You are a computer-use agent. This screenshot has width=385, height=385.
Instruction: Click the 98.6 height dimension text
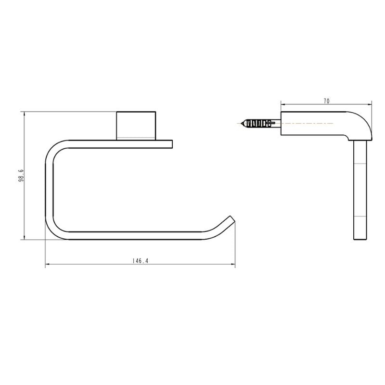point(20,176)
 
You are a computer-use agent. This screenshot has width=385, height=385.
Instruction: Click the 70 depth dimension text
point(326,101)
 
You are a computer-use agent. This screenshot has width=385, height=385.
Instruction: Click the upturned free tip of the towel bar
point(231,220)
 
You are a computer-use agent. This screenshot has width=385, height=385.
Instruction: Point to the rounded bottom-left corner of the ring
point(54,231)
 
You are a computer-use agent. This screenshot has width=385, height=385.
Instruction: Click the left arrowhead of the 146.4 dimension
point(47,265)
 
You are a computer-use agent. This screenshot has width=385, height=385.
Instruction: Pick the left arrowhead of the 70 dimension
point(282,104)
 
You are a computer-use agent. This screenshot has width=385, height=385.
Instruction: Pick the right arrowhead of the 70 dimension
point(371,104)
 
